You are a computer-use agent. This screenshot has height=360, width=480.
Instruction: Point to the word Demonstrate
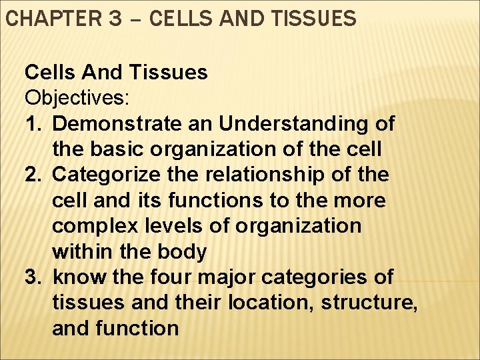[117, 124]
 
